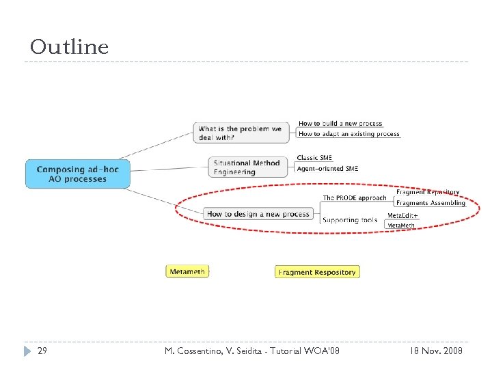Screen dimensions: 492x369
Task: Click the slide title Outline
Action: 69,47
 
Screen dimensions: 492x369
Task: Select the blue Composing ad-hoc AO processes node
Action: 77,174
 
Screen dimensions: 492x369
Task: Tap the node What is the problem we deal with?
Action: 243,133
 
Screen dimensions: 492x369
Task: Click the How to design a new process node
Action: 258,214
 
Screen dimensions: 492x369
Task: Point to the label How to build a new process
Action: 340,124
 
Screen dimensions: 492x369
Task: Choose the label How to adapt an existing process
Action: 348,134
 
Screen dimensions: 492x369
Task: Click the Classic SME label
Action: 314,158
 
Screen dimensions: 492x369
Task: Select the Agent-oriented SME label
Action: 327,169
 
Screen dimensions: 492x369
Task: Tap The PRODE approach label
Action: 355,198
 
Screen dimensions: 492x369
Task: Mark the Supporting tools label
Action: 349,220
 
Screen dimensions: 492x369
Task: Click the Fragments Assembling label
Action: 430,203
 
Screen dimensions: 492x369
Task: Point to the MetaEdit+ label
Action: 402,216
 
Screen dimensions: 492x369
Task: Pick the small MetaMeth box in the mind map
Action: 401,225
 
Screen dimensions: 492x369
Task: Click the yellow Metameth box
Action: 187,271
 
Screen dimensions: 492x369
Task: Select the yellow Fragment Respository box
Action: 317,272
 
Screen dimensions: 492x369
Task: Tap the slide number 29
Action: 42,351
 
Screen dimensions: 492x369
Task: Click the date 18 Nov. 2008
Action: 436,351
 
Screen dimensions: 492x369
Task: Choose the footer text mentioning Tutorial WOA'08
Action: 252,351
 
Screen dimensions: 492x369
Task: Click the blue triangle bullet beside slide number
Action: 27,351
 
